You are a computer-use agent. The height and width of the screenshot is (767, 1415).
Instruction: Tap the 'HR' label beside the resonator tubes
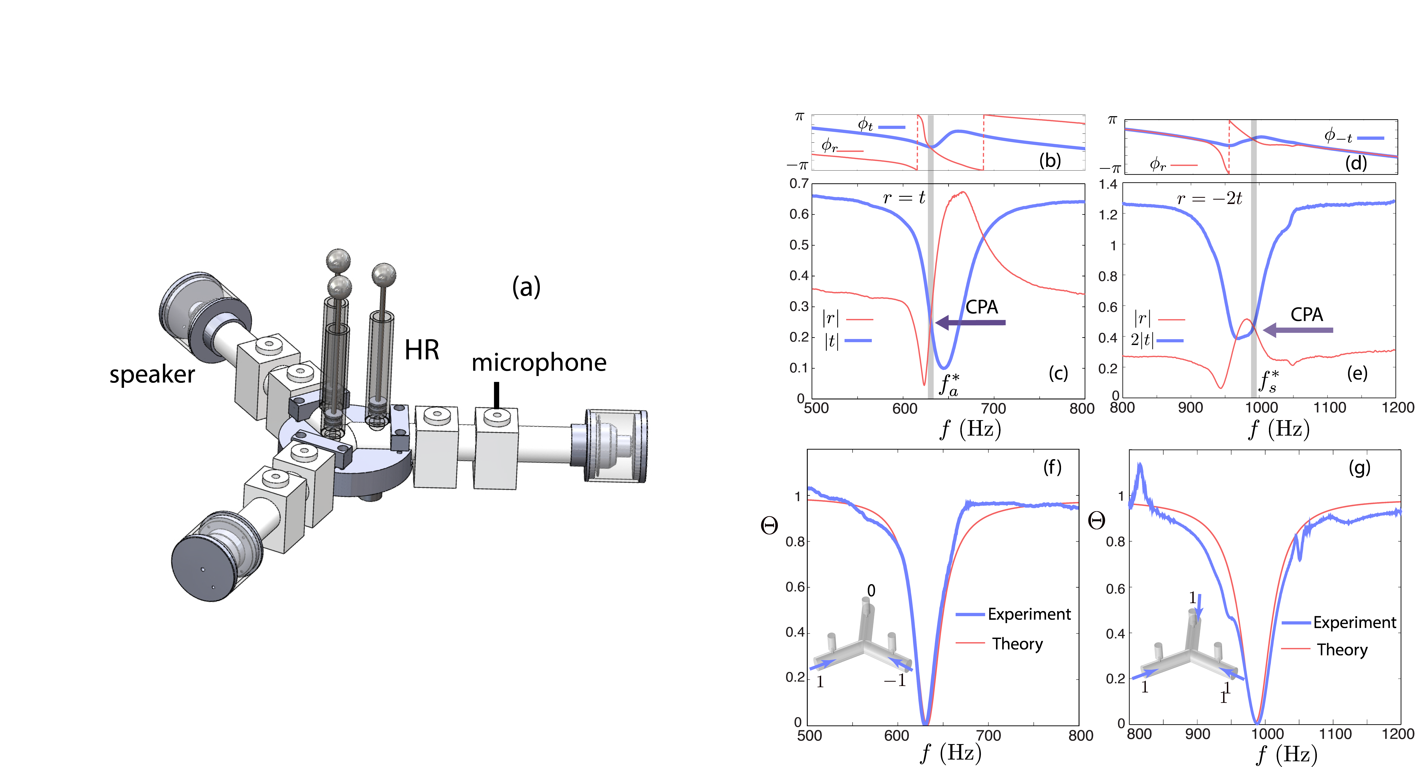(x=422, y=350)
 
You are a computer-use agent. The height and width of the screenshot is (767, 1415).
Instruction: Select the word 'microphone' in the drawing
(x=539, y=362)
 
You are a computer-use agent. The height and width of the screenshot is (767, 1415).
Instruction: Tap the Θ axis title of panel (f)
(x=769, y=526)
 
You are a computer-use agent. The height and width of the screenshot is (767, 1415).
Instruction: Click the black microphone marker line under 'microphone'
(x=497, y=395)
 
